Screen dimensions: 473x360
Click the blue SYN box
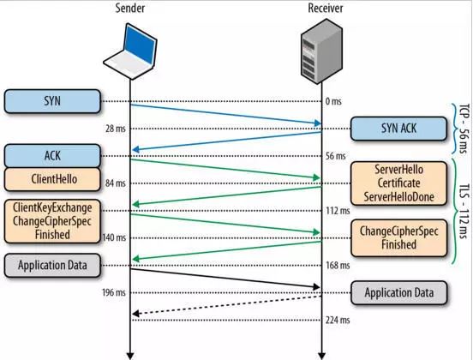click(x=52, y=101)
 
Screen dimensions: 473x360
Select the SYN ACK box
click(x=398, y=129)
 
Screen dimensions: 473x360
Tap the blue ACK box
click(x=52, y=156)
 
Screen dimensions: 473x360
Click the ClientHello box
click(x=52, y=179)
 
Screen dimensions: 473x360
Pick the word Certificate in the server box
click(x=398, y=183)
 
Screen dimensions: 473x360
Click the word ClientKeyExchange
click(x=52, y=207)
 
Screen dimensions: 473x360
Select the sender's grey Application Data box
click(x=52, y=265)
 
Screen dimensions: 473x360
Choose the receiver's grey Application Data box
click(x=398, y=292)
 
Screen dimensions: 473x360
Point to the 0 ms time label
click(x=333, y=101)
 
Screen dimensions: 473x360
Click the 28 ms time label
click(x=115, y=129)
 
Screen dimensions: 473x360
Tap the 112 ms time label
click(x=338, y=211)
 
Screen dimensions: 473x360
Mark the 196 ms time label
click(x=113, y=292)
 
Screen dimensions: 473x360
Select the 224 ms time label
click(x=338, y=320)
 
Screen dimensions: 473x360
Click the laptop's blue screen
click(x=141, y=44)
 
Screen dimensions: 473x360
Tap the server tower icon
click(x=321, y=51)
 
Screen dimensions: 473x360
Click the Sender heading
click(x=130, y=9)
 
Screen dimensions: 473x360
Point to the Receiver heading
click(x=326, y=9)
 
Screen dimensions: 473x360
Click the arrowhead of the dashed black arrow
click(x=135, y=314)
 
